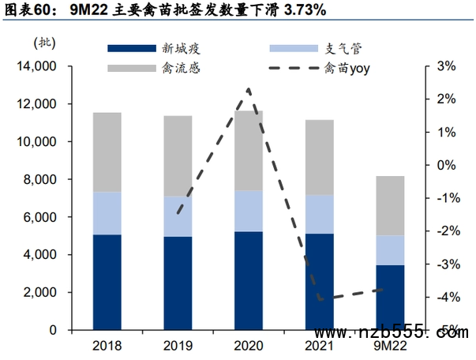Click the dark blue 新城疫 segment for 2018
[107, 282]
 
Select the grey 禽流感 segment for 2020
[249, 150]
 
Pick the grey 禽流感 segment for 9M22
[390, 205]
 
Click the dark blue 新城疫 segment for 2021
[320, 281]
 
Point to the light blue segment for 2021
[320, 214]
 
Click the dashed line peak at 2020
[249, 89]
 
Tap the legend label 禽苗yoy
[347, 68]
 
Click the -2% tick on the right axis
[445, 231]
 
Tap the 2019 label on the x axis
[178, 346]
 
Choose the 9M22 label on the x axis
[390, 346]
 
